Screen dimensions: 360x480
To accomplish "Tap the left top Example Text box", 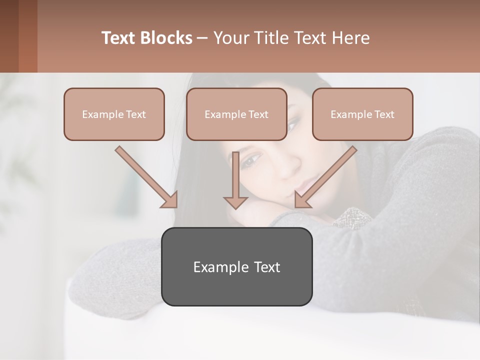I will tap(114, 114).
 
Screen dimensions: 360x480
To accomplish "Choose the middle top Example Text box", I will tap(236, 114).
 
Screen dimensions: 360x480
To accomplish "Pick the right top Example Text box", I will tap(362, 114).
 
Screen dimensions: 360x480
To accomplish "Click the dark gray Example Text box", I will tap(236, 266).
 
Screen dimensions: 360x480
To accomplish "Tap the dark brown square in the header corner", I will tap(9, 36).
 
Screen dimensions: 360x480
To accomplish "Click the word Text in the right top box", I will tap(384, 114).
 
